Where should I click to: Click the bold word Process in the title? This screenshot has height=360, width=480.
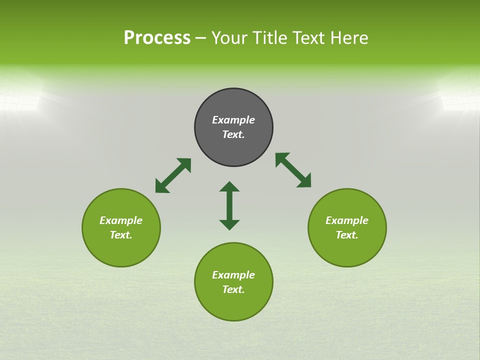[x=157, y=38]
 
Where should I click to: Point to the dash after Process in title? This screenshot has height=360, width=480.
[x=200, y=38]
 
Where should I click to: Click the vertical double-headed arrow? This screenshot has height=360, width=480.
[x=229, y=206]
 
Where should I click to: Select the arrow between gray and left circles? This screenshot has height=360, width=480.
[x=173, y=175]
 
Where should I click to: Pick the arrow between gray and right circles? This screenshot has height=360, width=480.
[x=293, y=170]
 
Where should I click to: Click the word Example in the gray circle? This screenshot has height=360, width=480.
[x=233, y=120]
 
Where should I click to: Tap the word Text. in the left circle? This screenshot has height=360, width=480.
[x=121, y=235]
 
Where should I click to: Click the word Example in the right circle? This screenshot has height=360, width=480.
[x=347, y=220]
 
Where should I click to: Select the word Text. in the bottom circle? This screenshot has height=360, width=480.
[x=233, y=289]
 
